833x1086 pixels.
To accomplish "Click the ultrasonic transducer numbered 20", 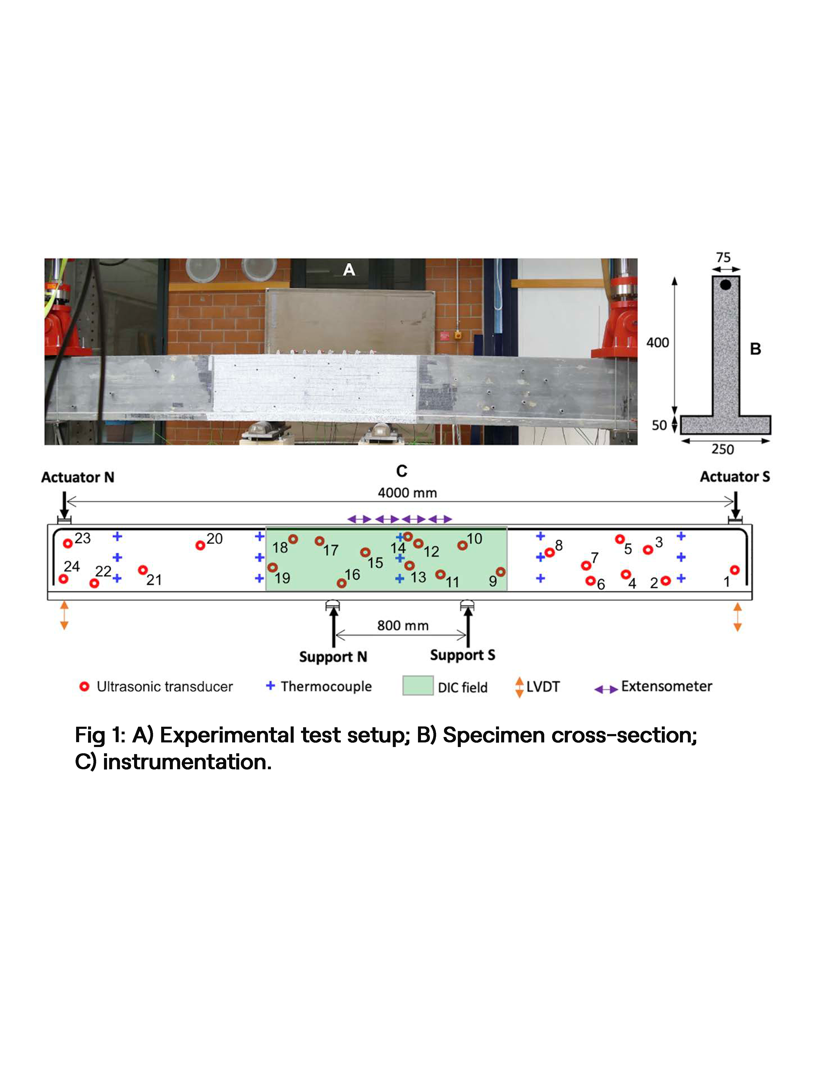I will [200, 545].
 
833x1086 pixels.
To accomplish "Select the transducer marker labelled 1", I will [735, 570].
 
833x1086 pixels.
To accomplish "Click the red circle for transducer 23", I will [68, 544].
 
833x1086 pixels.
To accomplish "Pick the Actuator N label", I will [78, 477].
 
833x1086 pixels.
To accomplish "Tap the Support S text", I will [463, 655].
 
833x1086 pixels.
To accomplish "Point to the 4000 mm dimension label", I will [407, 493].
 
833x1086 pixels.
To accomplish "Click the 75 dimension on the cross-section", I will [723, 257].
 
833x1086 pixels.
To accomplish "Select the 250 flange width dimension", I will [722, 449].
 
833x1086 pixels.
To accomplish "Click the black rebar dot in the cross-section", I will [725, 285].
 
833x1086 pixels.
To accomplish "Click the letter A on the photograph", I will [349, 270].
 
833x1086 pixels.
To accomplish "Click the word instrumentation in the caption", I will [187, 762].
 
